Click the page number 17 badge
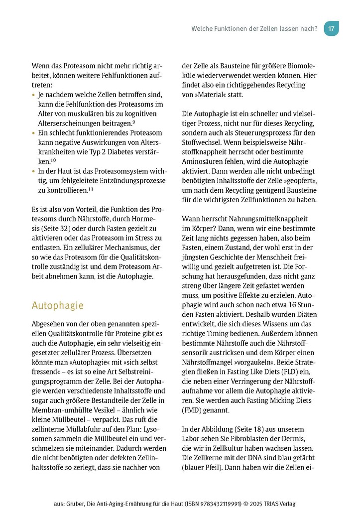[x=331, y=28]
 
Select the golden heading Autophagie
[x=57, y=305]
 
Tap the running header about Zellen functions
[x=254, y=28]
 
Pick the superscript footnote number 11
[x=92, y=189]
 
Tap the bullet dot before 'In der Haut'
[x=33, y=171]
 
